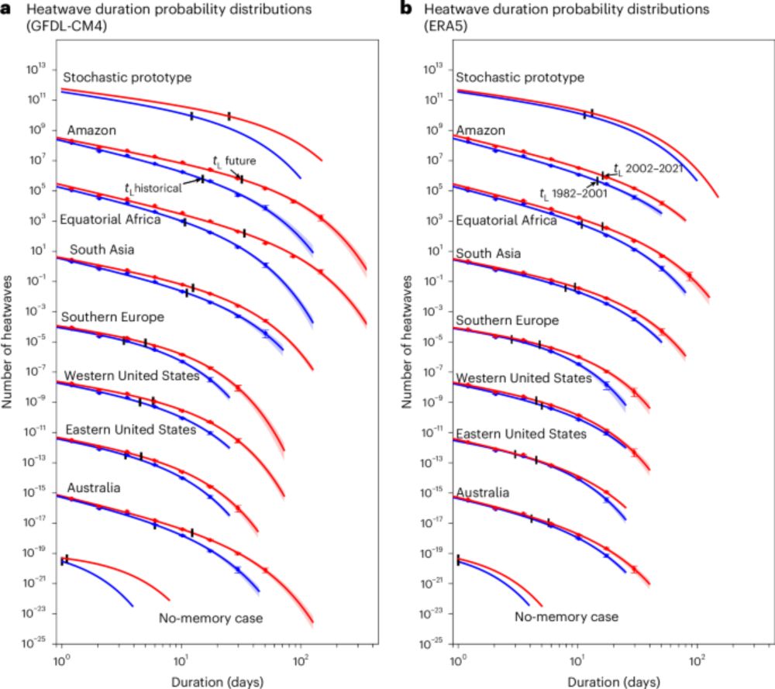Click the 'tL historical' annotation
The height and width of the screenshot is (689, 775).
point(153,188)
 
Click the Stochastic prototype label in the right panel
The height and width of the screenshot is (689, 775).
point(519,78)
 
